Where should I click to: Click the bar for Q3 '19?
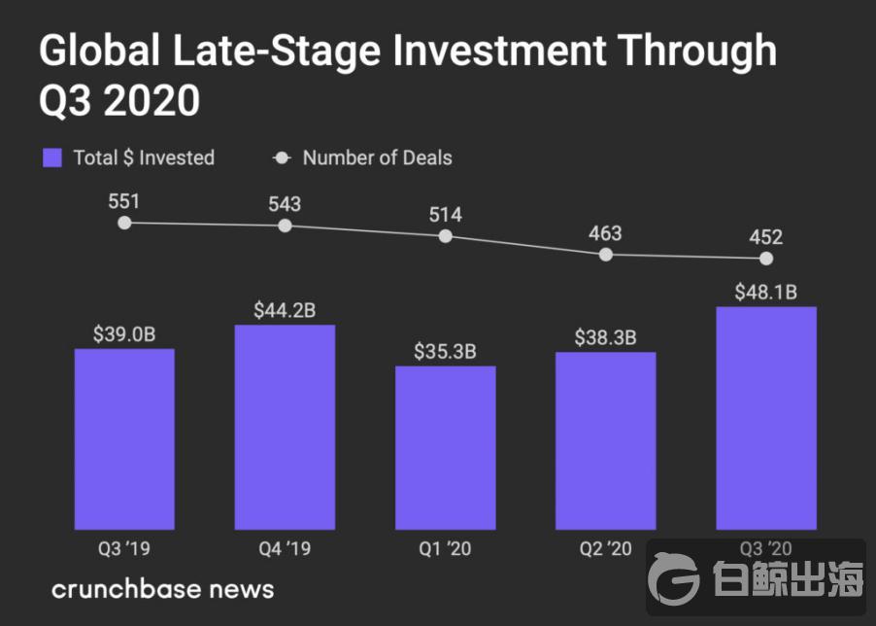pyautogui.click(x=124, y=437)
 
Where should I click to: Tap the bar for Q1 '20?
pyautogui.click(x=445, y=446)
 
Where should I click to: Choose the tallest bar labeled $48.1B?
pyautogui.click(x=765, y=417)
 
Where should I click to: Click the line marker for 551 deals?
pyautogui.click(x=124, y=223)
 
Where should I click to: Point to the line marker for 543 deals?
pyautogui.click(x=285, y=226)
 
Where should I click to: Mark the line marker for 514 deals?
pyautogui.click(x=446, y=236)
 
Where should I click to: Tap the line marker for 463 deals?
pyautogui.click(x=606, y=255)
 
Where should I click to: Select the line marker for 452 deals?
pyautogui.click(x=766, y=259)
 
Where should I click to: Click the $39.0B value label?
pyautogui.click(x=124, y=334)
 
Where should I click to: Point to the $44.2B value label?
pyautogui.click(x=285, y=311)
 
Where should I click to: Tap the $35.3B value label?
pyautogui.click(x=445, y=352)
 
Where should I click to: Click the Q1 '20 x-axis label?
pyautogui.click(x=445, y=549)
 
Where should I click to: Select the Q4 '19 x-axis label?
pyautogui.click(x=285, y=549)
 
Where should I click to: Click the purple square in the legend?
pyautogui.click(x=52, y=157)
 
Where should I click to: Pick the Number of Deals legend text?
pyautogui.click(x=377, y=157)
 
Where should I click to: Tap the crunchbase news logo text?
pyautogui.click(x=162, y=589)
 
